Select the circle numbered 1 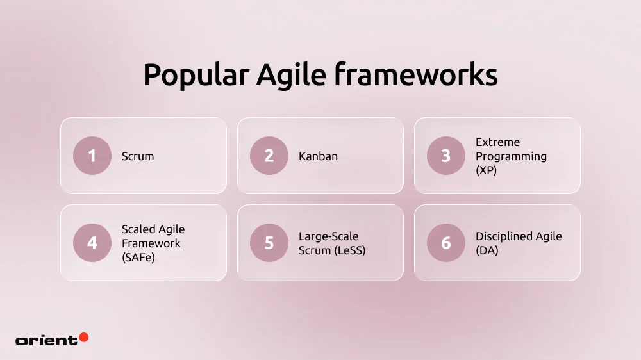point(92,156)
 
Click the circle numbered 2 point(269,156)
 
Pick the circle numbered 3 point(446,156)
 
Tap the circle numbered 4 point(92,243)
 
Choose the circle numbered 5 point(269,243)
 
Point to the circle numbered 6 point(446,243)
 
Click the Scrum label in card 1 point(138,156)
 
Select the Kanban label point(318,156)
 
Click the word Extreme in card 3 point(497,142)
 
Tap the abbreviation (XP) point(486,170)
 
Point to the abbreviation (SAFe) point(138,258)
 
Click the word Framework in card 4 point(151,243)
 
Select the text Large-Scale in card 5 point(328,236)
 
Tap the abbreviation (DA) point(487,250)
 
